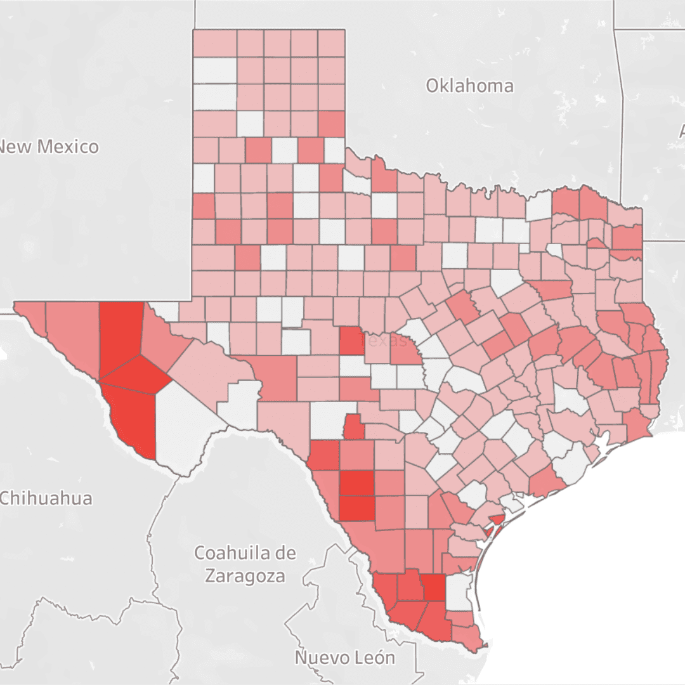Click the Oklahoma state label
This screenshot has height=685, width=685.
[469, 86]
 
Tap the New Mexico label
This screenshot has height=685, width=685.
[49, 147]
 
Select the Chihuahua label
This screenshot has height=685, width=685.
[46, 498]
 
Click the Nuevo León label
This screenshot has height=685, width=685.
[344, 657]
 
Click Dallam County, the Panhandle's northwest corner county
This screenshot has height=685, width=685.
[214, 43]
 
